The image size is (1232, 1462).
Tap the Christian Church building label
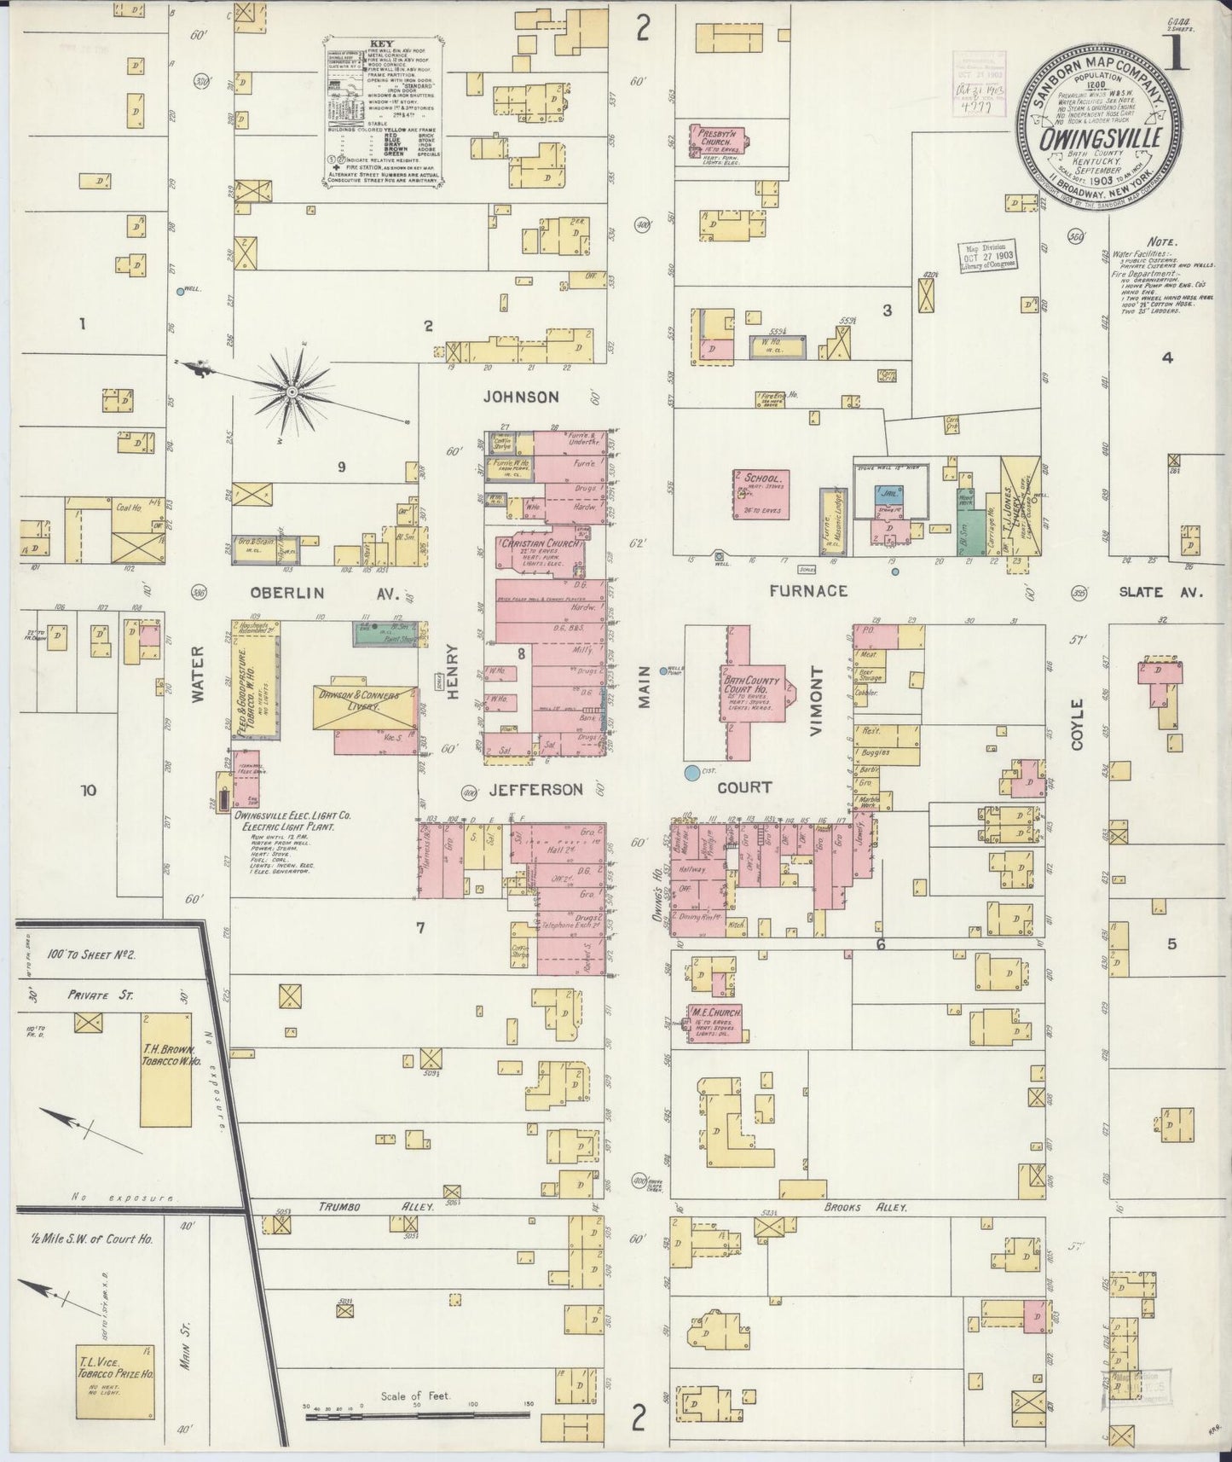pyautogui.click(x=540, y=543)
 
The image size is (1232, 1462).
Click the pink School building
pyautogui.click(x=761, y=495)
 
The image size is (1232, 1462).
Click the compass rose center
pyautogui.click(x=292, y=391)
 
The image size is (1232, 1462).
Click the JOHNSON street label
pyautogui.click(x=520, y=397)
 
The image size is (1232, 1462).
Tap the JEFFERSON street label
pyautogui.click(x=536, y=790)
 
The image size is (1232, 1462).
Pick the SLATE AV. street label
pyautogui.click(x=1160, y=592)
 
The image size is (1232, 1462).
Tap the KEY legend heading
pyautogui.click(x=380, y=43)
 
